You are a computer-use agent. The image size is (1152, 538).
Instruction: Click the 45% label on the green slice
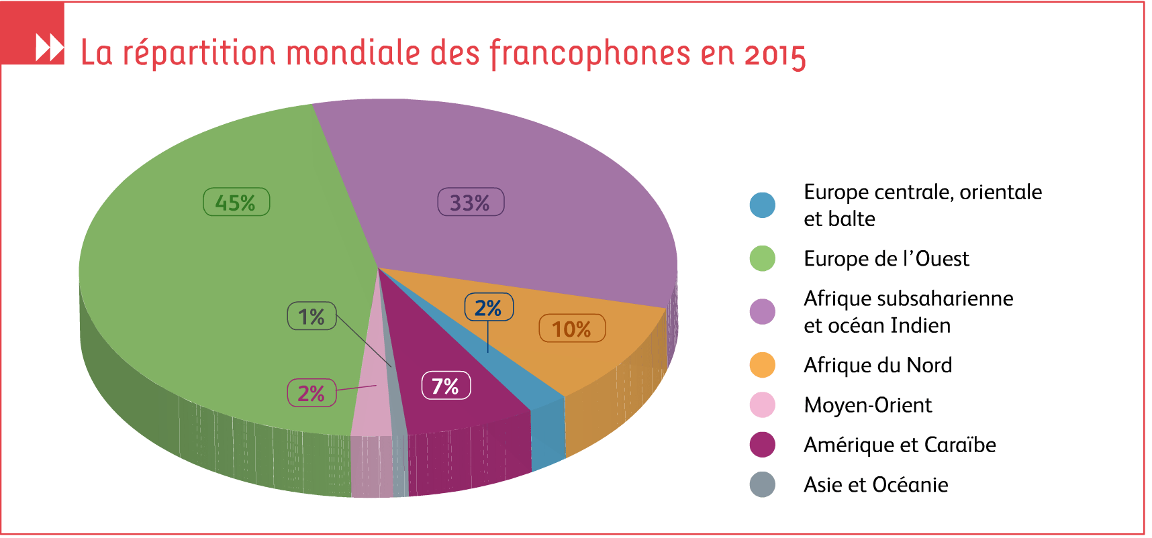tap(236, 202)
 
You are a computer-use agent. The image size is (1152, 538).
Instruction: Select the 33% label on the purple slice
tap(471, 202)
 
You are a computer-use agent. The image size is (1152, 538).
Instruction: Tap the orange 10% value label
tap(572, 329)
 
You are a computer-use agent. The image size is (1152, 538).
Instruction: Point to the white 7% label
tap(446, 386)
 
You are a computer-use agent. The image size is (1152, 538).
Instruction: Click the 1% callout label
tap(311, 316)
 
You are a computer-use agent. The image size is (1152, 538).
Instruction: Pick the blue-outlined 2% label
tap(489, 307)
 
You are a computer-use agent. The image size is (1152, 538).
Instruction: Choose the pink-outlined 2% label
tap(311, 393)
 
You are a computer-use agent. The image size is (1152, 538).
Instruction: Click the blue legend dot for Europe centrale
tap(762, 205)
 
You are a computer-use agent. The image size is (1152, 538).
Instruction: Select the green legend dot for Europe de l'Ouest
tap(762, 258)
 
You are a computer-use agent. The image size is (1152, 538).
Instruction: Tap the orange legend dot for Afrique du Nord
tap(762, 365)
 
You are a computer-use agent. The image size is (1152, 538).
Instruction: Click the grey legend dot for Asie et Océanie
tap(762, 484)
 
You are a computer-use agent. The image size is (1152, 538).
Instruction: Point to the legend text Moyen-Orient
tap(867, 405)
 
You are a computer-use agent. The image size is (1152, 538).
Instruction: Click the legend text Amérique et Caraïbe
tap(900, 445)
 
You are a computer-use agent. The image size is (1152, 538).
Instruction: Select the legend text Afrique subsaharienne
tap(908, 299)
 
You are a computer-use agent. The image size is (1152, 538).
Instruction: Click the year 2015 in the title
tap(775, 55)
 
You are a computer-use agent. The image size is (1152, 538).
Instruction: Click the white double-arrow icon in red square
tap(49, 48)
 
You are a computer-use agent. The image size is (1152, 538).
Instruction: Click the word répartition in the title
tap(199, 54)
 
